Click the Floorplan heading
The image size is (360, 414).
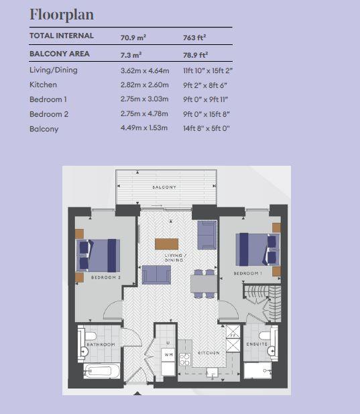[x=62, y=15]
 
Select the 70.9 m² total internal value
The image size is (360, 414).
[x=133, y=38]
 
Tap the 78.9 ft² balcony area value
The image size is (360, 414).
[x=196, y=55]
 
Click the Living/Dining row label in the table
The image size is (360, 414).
[x=54, y=70]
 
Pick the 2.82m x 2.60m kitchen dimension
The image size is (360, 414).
[x=145, y=85]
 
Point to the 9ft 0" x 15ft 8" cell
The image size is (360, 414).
[x=206, y=114]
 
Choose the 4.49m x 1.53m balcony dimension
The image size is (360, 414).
[x=144, y=127]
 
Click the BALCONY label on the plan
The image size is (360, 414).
[x=164, y=187]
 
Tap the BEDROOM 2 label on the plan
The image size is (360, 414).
[x=106, y=278]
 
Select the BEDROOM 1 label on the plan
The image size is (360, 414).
[x=247, y=273]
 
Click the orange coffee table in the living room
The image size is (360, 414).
[x=166, y=244]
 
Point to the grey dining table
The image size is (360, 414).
[x=204, y=284]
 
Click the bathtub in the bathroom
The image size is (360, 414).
[x=101, y=371]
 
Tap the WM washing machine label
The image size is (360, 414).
[x=168, y=354]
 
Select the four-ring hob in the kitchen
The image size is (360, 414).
[x=185, y=359]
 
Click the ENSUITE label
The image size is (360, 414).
[x=257, y=344]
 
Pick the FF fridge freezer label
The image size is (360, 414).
[x=233, y=336]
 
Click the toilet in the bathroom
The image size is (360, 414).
[x=89, y=336]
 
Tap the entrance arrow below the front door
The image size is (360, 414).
[x=137, y=393]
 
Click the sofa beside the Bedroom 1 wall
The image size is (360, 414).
[x=207, y=235]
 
